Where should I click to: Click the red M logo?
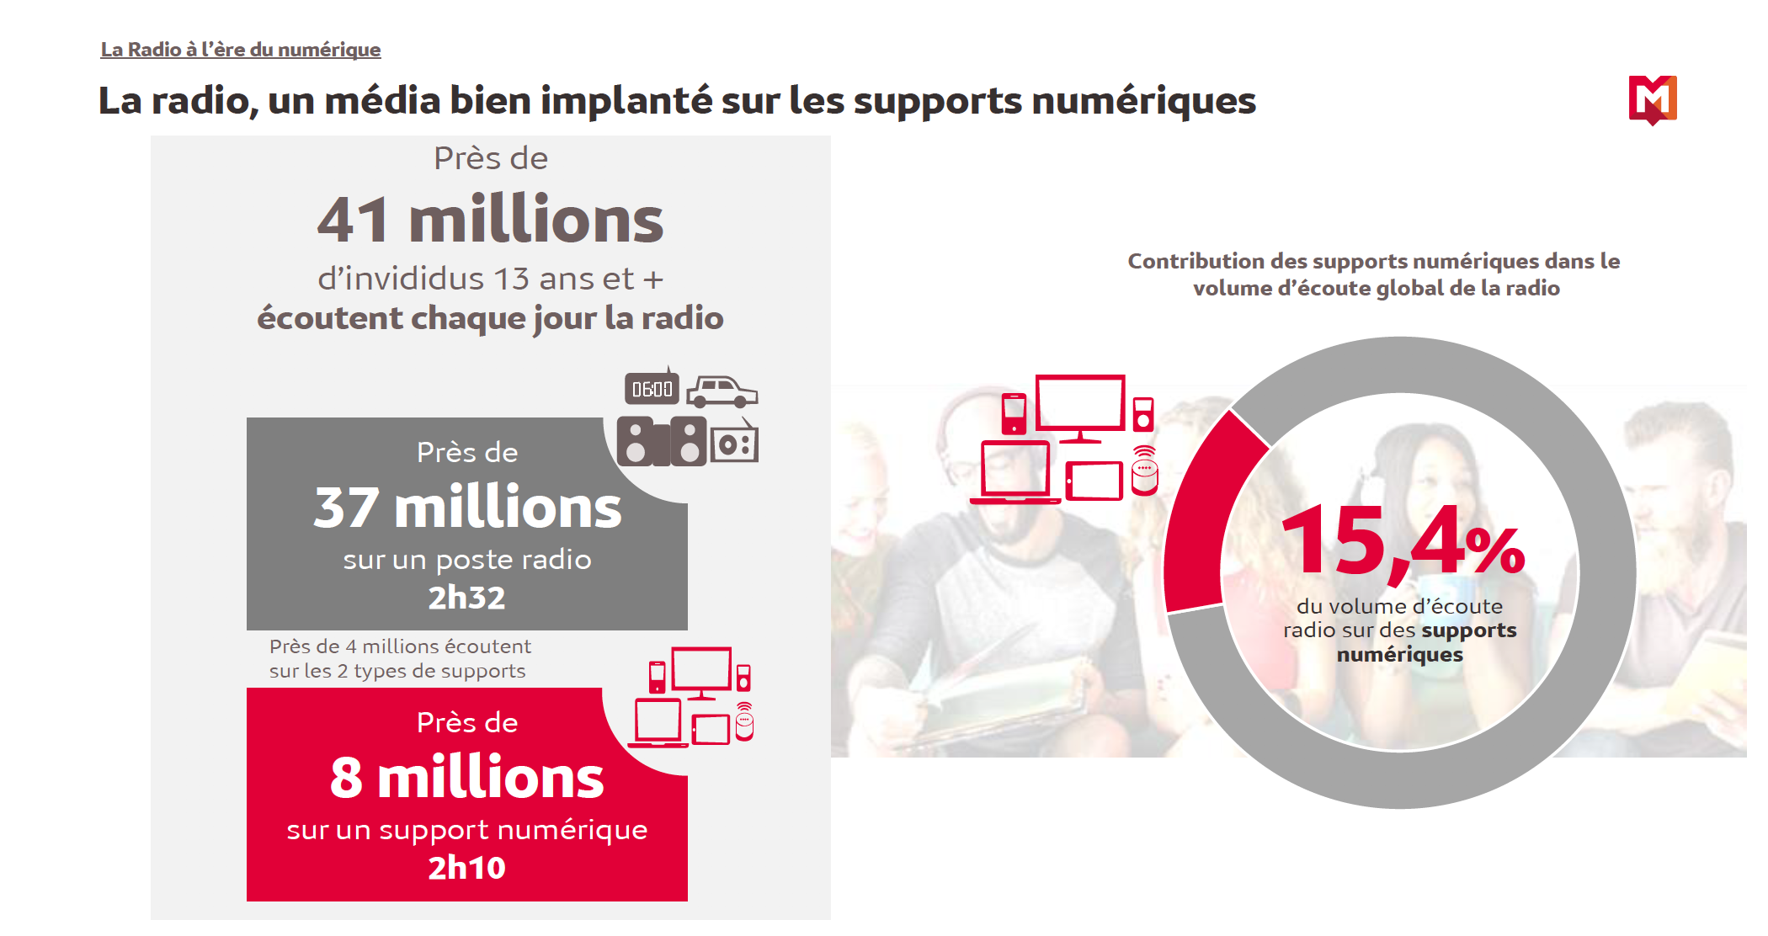(1652, 99)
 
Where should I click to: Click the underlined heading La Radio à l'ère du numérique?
(241, 50)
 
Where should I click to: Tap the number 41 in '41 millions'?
(353, 221)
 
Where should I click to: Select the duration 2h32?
(466, 598)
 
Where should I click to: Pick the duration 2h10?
(466, 868)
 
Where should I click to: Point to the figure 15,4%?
(1402, 541)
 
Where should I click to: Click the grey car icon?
(722, 391)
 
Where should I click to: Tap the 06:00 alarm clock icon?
(652, 389)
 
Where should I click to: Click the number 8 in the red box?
(346, 779)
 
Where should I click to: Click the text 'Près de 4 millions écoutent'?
(400, 646)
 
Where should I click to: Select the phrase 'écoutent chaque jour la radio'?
(490, 318)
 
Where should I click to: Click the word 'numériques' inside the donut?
(1399, 655)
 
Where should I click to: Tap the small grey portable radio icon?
(734, 443)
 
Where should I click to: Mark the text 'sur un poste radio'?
(466, 560)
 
